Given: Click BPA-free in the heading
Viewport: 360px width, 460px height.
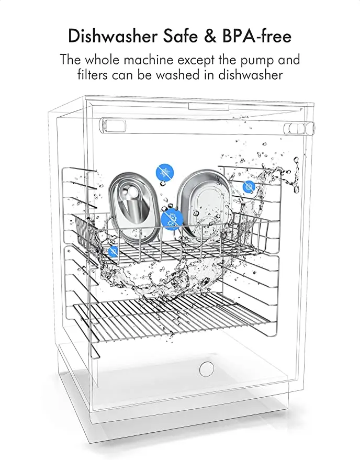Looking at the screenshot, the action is click(x=260, y=36).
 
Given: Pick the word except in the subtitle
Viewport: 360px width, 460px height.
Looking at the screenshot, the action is click(x=210, y=60).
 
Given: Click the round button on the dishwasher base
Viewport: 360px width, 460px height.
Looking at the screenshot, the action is click(x=207, y=368).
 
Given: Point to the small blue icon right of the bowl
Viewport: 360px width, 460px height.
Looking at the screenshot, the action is click(x=249, y=186).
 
